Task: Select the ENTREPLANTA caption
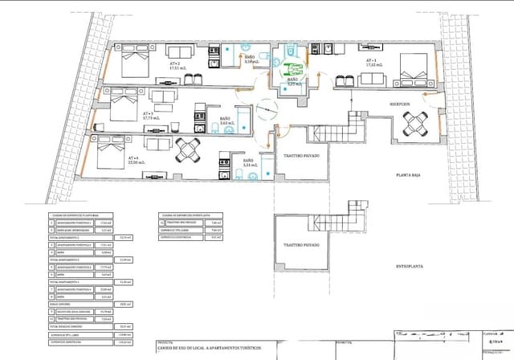pyautogui.click(x=410, y=265)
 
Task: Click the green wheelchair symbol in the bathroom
pyautogui.click(x=294, y=68)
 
